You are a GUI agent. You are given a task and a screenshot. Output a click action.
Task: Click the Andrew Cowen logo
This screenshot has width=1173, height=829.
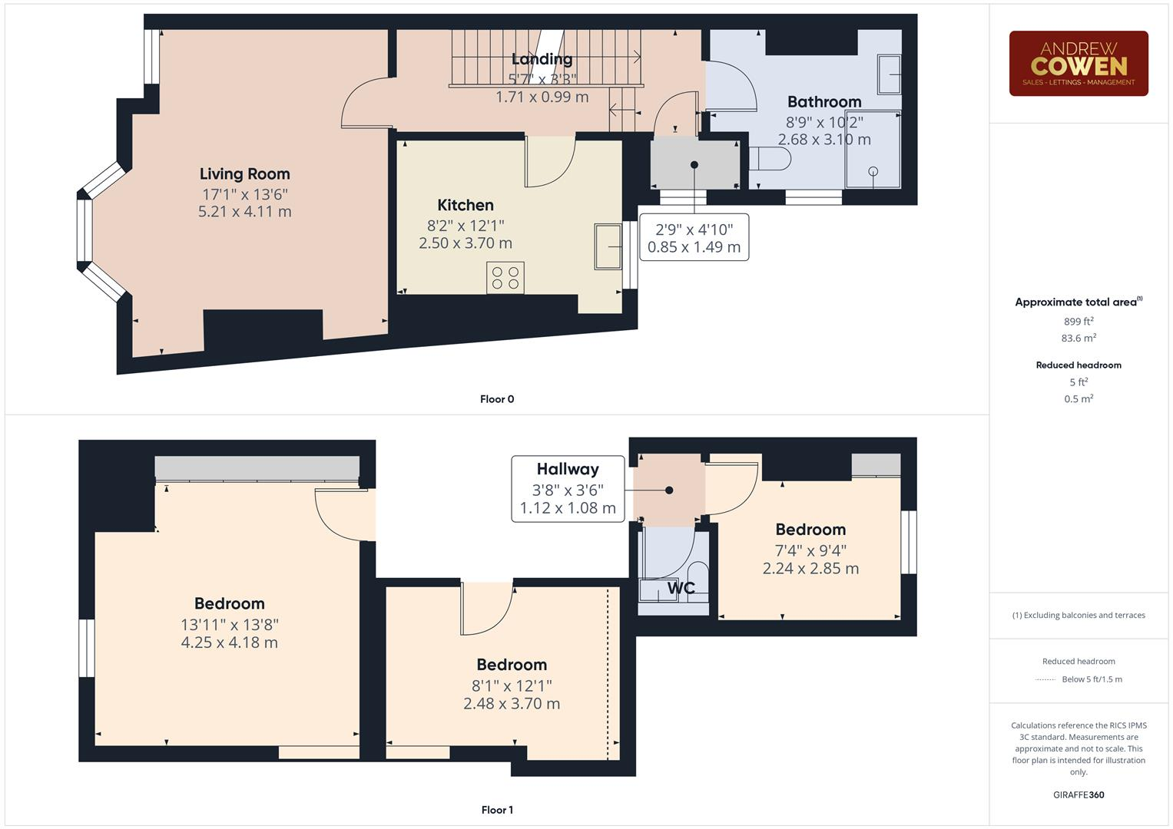click(x=1078, y=63)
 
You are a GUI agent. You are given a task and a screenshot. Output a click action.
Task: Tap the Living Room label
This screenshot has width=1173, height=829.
click(x=244, y=174)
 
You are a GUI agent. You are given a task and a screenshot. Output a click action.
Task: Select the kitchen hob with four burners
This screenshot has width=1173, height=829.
click(x=505, y=277)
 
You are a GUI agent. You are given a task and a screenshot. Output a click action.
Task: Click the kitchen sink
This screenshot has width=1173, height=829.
click(x=608, y=246)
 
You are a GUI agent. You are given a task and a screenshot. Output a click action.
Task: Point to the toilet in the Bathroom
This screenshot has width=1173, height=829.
click(x=770, y=158)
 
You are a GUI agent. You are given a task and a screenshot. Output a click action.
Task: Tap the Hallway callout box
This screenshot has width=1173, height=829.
click(x=568, y=488)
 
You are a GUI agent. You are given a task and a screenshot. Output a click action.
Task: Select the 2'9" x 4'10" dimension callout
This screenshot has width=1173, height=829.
click(x=694, y=237)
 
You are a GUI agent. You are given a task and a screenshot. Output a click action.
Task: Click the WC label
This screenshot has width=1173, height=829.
click(x=681, y=588)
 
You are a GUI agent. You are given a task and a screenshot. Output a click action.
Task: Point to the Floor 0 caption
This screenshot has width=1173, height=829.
click(x=497, y=399)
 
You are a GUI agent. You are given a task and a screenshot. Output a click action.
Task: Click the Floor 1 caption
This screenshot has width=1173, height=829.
click(x=497, y=810)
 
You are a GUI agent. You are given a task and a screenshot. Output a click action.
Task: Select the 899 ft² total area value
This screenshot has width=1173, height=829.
click(x=1079, y=322)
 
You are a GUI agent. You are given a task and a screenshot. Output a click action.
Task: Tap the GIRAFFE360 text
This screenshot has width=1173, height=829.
click(x=1079, y=794)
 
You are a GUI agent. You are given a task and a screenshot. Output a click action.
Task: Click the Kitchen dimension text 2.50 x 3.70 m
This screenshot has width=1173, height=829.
click(x=465, y=243)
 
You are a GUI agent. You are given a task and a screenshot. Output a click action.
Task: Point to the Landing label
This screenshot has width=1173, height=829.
click(x=542, y=59)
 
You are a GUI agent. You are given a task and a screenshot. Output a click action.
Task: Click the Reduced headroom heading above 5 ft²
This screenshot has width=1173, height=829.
click(x=1079, y=365)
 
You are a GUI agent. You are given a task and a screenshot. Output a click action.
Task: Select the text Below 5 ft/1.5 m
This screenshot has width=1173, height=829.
click(x=1092, y=679)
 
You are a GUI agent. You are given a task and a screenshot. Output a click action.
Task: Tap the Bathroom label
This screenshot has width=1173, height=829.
click(x=824, y=102)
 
